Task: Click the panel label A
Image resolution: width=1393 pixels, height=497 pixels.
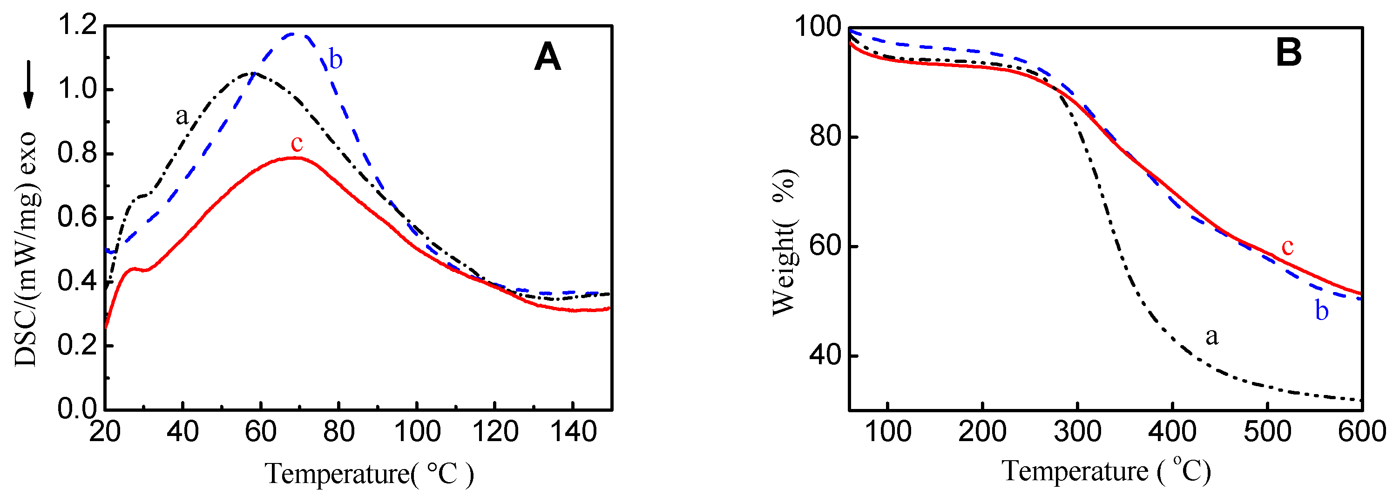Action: [x=547, y=57]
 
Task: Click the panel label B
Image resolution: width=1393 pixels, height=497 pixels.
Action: [x=1289, y=53]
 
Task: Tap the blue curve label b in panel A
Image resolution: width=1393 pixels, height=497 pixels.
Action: [x=335, y=59]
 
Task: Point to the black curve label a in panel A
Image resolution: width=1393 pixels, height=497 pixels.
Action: [x=182, y=115]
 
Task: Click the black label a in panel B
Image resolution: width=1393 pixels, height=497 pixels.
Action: [x=1212, y=336]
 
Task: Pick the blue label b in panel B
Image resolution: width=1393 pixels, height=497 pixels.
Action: [x=1322, y=311]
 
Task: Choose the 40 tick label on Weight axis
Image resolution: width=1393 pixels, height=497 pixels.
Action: [x=825, y=355]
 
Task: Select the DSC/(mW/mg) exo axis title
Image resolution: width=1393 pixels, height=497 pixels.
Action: [x=26, y=249]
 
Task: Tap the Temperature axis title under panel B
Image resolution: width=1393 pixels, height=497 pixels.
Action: [x=1106, y=470]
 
